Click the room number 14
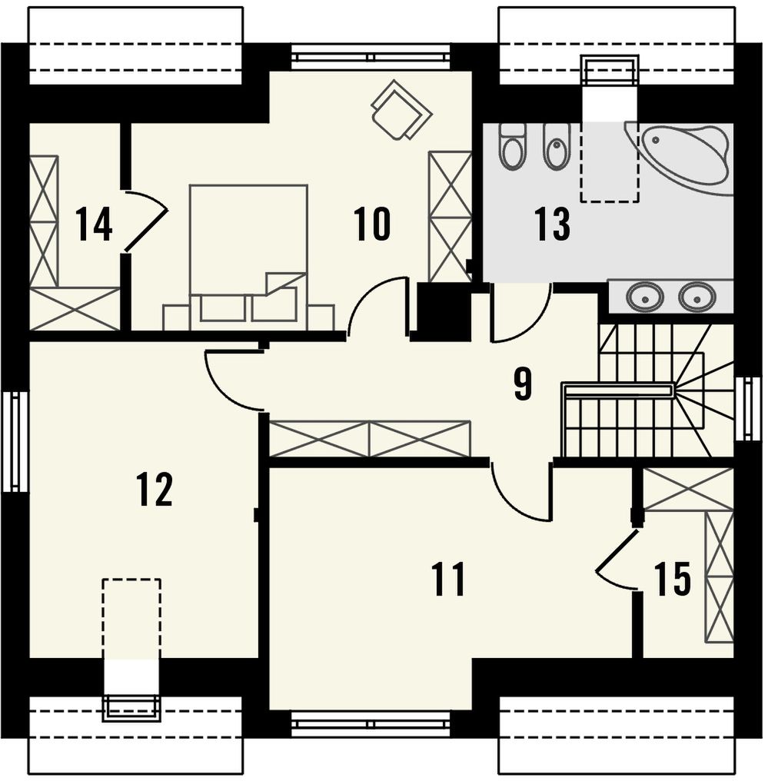tap(94, 224)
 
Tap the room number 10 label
tap(371, 224)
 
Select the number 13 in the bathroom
tap(552, 224)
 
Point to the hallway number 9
tap(523, 384)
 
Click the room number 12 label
tap(155, 489)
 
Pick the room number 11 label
tap(449, 579)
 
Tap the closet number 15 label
tap(673, 579)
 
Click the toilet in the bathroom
tap(513, 146)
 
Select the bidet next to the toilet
tap(557, 146)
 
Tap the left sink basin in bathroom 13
tap(644, 297)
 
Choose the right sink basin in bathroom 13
tap(697, 297)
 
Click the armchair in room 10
tap(401, 109)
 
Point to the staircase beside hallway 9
tap(647, 390)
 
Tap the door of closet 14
tap(145, 220)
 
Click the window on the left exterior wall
tap(14, 441)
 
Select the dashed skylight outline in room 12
tap(131, 619)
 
